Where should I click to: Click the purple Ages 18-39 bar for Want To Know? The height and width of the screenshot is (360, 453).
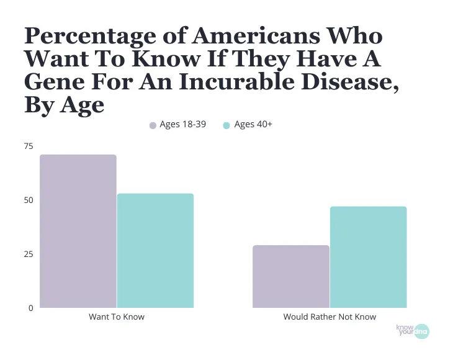(78, 231)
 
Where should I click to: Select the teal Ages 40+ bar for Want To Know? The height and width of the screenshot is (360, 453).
(155, 251)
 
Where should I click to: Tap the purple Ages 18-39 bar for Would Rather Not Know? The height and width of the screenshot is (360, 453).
(291, 276)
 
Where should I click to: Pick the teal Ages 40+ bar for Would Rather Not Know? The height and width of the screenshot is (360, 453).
(368, 257)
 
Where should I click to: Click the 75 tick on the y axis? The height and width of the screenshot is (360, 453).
(29, 146)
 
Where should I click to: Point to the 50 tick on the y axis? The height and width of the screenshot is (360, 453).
(29, 200)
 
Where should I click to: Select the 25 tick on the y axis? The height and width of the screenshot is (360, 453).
(29, 254)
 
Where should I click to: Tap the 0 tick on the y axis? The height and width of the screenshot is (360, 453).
(30, 308)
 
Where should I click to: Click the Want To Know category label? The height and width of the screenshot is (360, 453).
(117, 317)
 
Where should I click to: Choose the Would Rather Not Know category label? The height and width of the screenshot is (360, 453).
(330, 317)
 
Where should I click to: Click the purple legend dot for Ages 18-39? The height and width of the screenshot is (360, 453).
(153, 125)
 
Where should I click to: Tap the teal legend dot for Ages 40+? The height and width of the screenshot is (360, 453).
(226, 125)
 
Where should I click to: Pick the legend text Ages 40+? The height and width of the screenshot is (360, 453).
(253, 125)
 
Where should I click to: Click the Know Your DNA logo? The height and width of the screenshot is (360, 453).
(412, 331)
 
